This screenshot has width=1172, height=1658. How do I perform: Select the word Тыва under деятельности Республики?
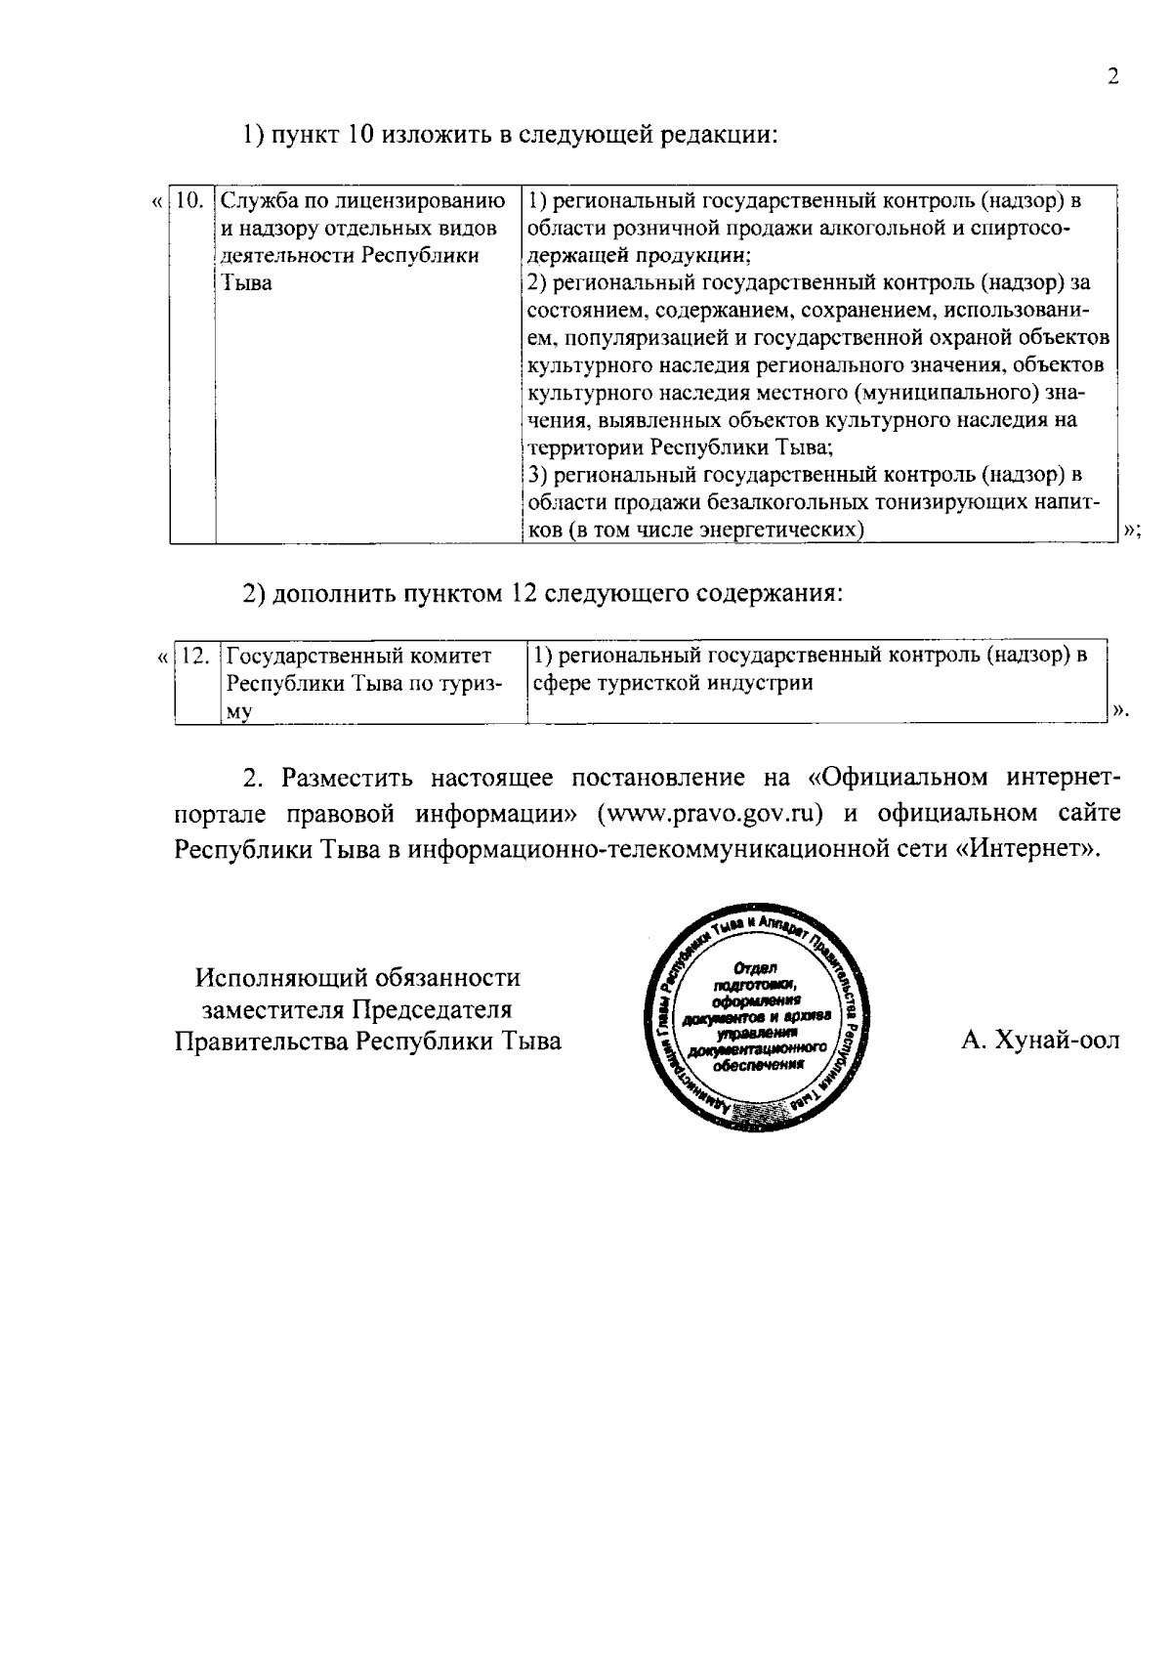coord(246,284)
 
